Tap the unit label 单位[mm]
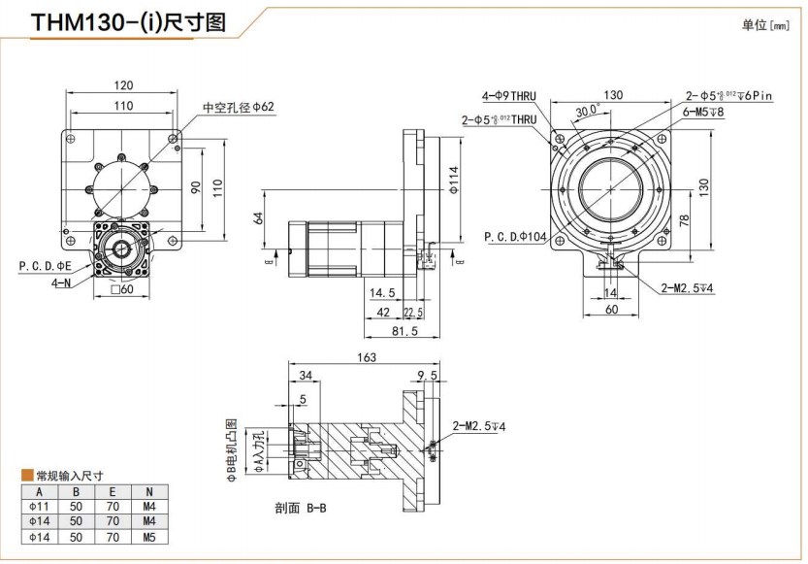[x=766, y=25]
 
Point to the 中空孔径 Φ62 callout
[x=239, y=107]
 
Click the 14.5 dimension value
[x=380, y=292]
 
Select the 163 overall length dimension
[x=366, y=357]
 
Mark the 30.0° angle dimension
[x=585, y=111]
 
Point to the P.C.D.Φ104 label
[x=514, y=236]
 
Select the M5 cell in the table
[x=147, y=536]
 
